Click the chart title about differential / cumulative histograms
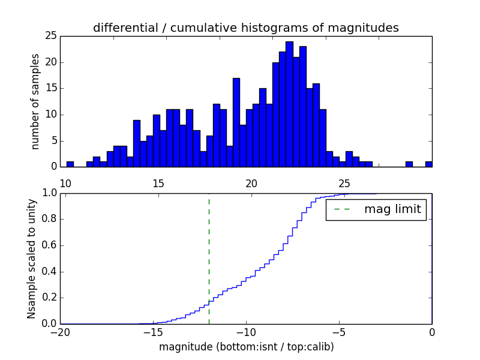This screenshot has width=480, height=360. point(245,28)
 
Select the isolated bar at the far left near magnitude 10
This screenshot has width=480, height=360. point(70,164)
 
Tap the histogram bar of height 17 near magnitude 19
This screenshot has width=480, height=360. point(236,122)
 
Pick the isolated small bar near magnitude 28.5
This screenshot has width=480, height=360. point(409,164)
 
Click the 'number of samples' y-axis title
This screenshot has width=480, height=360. point(35,101)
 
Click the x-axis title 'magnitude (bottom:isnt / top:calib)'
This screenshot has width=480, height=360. point(246,347)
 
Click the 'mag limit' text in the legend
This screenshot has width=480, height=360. point(392,209)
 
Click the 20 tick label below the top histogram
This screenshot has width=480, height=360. point(251,182)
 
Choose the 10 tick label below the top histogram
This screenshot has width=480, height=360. point(66,182)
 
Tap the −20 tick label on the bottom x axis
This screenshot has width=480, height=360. point(60,332)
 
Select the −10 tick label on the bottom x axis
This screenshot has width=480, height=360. point(245,332)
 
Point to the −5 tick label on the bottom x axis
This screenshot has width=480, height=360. point(338,332)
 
